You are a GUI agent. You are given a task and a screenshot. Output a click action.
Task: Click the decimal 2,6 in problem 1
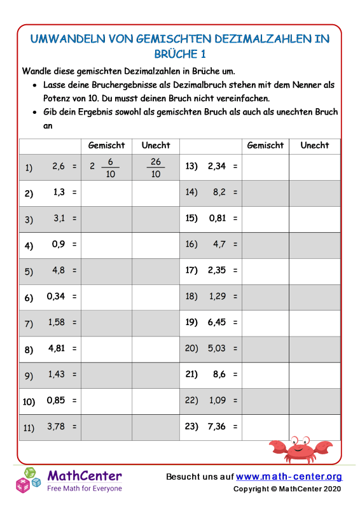59,167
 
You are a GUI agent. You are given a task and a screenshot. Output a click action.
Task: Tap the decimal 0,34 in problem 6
56,297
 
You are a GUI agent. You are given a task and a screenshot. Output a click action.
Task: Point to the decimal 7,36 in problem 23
216,428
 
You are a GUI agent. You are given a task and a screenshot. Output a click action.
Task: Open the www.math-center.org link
289,477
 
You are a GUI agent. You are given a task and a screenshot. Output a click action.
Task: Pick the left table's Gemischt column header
107,145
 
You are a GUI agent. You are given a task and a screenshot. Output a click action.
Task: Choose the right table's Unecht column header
315,145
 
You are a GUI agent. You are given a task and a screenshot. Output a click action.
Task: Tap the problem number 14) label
192,191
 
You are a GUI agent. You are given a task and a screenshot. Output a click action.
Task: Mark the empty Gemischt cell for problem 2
107,193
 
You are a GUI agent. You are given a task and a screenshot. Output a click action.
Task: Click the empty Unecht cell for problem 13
315,167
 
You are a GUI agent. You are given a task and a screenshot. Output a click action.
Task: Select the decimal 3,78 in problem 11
57,427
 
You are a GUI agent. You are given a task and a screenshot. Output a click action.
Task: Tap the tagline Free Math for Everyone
85,488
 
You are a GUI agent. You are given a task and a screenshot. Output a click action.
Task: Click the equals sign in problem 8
74,349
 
